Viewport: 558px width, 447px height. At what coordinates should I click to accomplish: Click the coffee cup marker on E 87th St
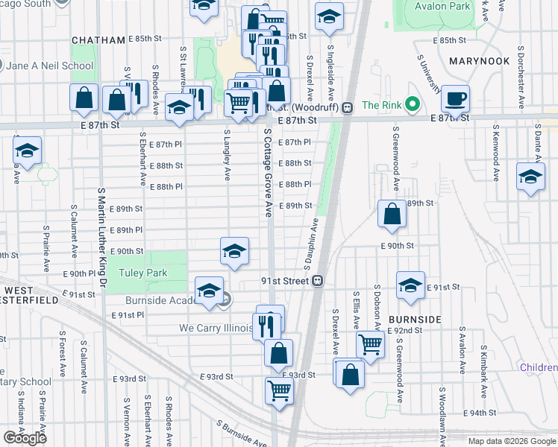pyautogui.click(x=454, y=98)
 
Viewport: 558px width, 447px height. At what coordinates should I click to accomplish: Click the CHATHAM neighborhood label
pyautogui.click(x=97, y=40)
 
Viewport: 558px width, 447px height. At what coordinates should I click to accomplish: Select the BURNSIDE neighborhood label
pyautogui.click(x=415, y=319)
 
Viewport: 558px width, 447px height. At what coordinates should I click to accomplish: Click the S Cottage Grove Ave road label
pyautogui.click(x=266, y=171)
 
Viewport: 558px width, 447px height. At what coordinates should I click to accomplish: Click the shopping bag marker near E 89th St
pyautogui.click(x=392, y=214)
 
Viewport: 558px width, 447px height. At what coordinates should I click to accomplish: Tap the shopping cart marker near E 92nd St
pyautogui.click(x=370, y=344)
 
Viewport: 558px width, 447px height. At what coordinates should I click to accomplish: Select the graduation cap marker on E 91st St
pyautogui.click(x=410, y=286)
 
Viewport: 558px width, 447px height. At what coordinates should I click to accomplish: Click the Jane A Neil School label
pyautogui.click(x=51, y=66)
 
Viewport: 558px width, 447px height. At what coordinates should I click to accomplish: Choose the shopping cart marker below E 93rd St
pyautogui.click(x=279, y=390)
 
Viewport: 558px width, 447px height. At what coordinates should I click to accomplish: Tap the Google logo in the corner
pyautogui.click(x=25, y=437)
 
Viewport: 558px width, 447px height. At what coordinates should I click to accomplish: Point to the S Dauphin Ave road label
pyautogui.click(x=311, y=244)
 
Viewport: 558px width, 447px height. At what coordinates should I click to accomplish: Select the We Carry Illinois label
pyautogui.click(x=211, y=328)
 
